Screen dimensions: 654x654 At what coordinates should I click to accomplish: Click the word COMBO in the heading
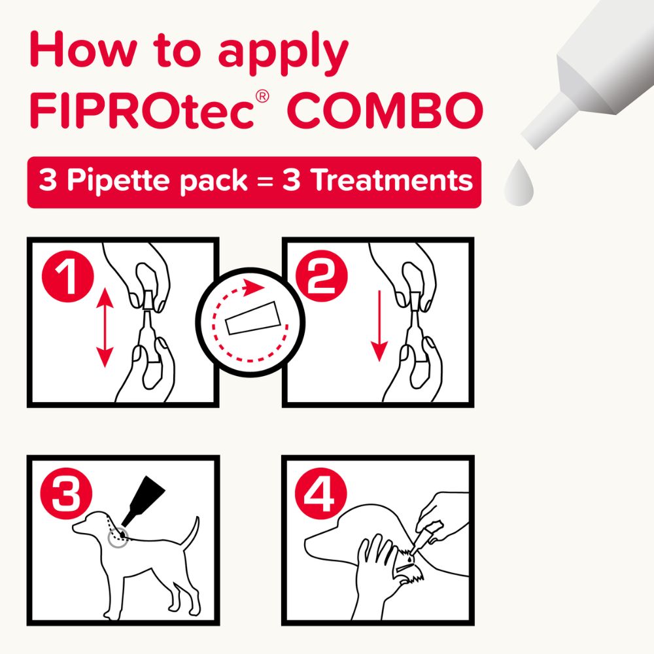click(385, 112)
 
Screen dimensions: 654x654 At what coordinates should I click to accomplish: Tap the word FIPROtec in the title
click(141, 112)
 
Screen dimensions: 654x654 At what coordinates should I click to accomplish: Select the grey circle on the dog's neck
click(118, 538)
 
